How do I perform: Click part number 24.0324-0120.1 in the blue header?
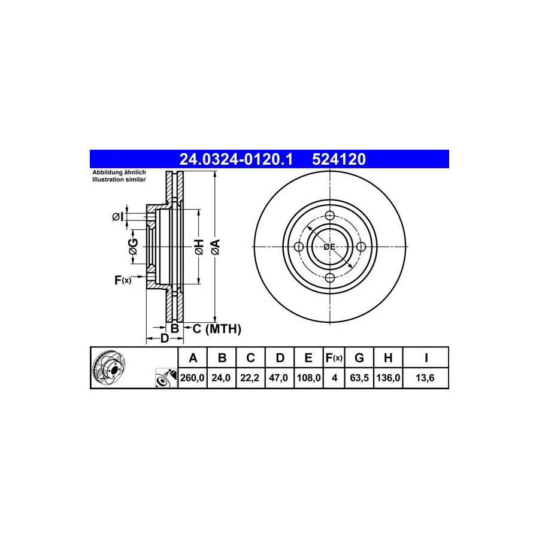236,159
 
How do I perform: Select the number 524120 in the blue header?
339,159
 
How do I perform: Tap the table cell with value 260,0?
192,378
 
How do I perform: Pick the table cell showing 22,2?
250,378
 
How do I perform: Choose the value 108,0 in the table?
308,378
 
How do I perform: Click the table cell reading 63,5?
359,378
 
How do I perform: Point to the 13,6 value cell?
425,378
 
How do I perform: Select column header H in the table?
388,358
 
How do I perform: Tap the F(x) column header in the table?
334,358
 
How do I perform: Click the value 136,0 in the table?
388,378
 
